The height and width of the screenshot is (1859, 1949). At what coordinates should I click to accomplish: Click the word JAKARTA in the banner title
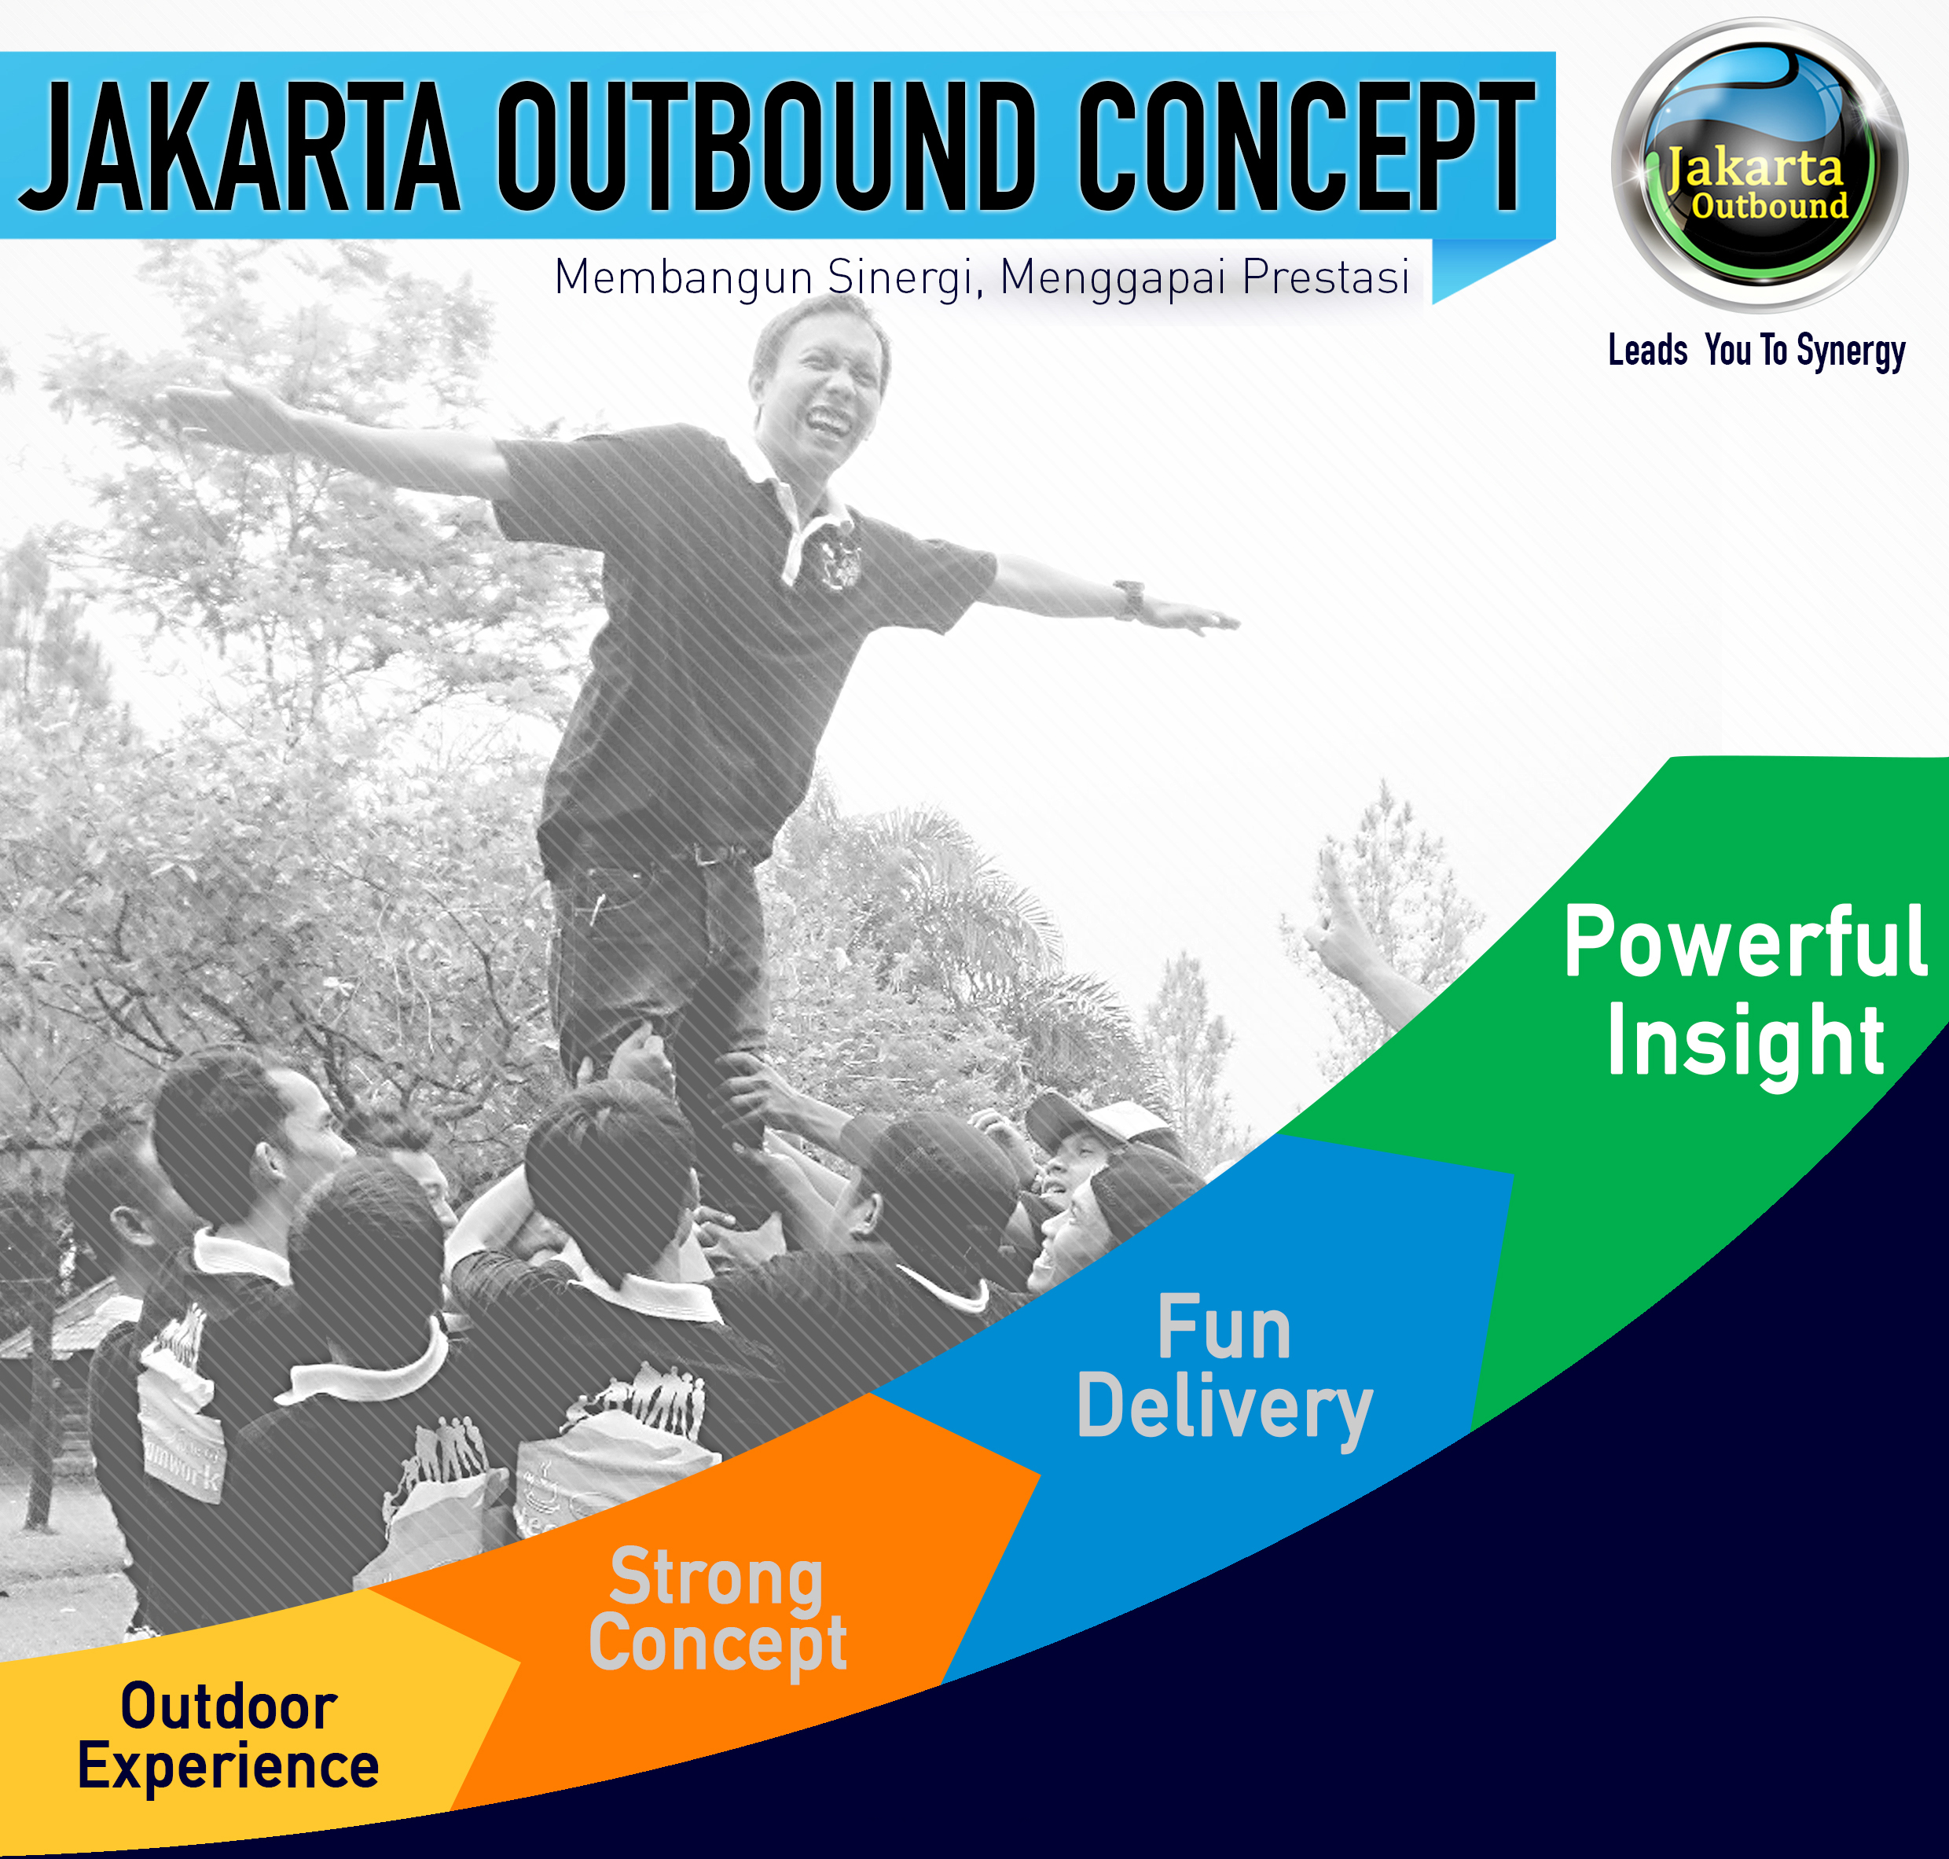click(240, 147)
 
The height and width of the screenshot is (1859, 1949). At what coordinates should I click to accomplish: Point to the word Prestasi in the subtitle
click(1326, 277)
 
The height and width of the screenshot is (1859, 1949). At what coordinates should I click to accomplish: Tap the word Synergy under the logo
click(1851, 353)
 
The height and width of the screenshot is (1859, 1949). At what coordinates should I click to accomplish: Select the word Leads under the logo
click(1648, 350)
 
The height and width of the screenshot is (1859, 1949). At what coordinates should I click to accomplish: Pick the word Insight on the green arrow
click(1745, 1043)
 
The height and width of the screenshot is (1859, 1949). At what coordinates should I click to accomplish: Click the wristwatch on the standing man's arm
click(1129, 600)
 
